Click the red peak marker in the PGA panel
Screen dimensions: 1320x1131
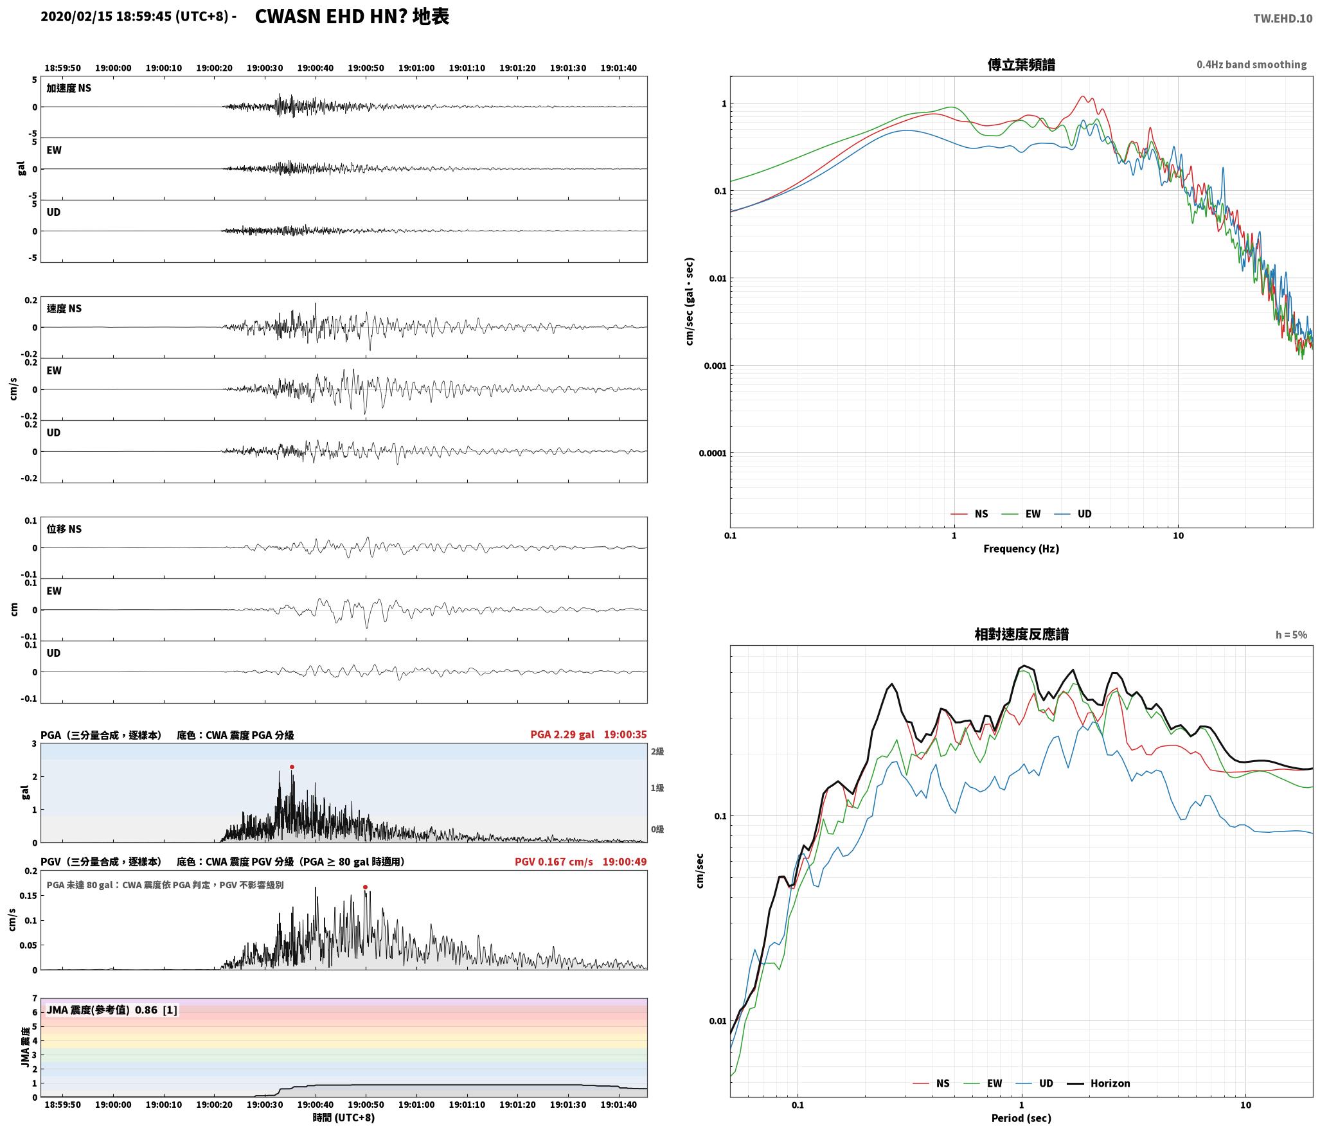tap(292, 767)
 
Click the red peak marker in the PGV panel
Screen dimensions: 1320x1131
tap(365, 887)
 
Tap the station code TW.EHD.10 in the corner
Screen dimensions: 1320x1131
tap(1283, 19)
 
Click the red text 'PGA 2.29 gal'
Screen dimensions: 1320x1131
tap(562, 735)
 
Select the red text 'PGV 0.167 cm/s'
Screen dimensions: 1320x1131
tap(554, 861)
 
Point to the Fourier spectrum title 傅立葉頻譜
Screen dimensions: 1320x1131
tap(1021, 64)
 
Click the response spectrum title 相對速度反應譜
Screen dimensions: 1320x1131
tap(1021, 634)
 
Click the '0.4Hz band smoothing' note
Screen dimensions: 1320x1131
tap(1252, 65)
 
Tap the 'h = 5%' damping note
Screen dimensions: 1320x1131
tap(1291, 635)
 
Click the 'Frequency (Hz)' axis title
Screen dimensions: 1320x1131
tap(1021, 548)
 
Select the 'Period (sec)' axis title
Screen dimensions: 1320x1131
tap(1021, 1118)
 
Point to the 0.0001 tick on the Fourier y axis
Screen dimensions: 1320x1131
tap(713, 453)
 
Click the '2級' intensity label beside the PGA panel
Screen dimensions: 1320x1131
tap(657, 751)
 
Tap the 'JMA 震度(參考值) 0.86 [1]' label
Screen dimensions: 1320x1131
tap(112, 1010)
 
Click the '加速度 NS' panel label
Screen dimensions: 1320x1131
tap(69, 88)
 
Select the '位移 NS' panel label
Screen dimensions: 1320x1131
tap(64, 529)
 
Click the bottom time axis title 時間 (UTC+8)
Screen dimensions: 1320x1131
tap(344, 1118)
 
